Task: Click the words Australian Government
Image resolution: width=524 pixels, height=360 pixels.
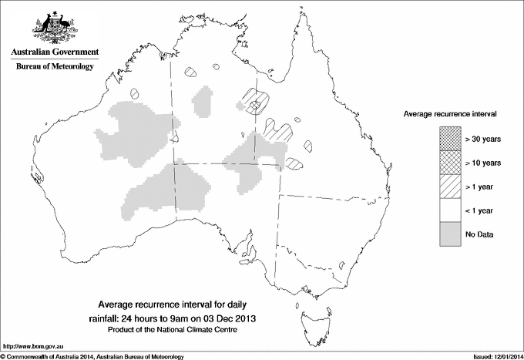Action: pyautogui.click(x=54, y=52)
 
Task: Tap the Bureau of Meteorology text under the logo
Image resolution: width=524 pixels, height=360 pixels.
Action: pyautogui.click(x=54, y=67)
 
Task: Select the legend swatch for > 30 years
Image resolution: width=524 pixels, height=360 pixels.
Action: pyautogui.click(x=449, y=140)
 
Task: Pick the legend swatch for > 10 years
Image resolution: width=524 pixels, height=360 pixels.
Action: pyautogui.click(x=449, y=163)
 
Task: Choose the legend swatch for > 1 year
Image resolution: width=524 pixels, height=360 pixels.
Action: pyautogui.click(x=449, y=187)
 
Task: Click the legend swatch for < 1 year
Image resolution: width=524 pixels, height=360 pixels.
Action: pyautogui.click(x=449, y=210)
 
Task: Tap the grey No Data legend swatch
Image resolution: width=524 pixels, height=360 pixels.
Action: pyautogui.click(x=449, y=234)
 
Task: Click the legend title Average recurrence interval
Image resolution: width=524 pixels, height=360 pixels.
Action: pyautogui.click(x=450, y=113)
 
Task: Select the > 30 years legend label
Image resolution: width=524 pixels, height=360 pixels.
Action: pyautogui.click(x=484, y=140)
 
